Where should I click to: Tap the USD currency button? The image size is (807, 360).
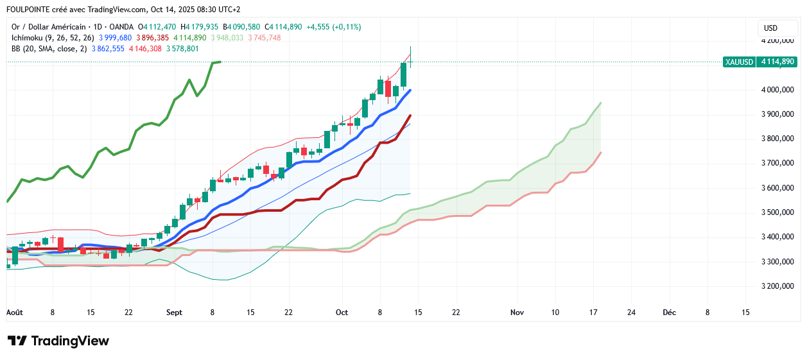tap(770, 28)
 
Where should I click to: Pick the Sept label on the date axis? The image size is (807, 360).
tap(174, 313)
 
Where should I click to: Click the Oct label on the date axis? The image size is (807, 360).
tap(342, 313)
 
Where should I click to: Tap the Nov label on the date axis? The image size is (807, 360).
tap(517, 313)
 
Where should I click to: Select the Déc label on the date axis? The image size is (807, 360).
tap(670, 313)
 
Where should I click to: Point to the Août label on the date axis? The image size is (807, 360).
tap(14, 313)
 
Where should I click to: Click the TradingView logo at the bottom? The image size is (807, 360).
tap(58, 341)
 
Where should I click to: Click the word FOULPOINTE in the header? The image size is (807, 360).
tap(31, 10)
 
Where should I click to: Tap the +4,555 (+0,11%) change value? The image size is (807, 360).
tap(333, 27)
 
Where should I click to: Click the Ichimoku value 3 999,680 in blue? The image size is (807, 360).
tap(115, 38)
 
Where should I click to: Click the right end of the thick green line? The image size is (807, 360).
tap(220, 62)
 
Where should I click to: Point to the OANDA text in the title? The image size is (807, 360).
tap(119, 27)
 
